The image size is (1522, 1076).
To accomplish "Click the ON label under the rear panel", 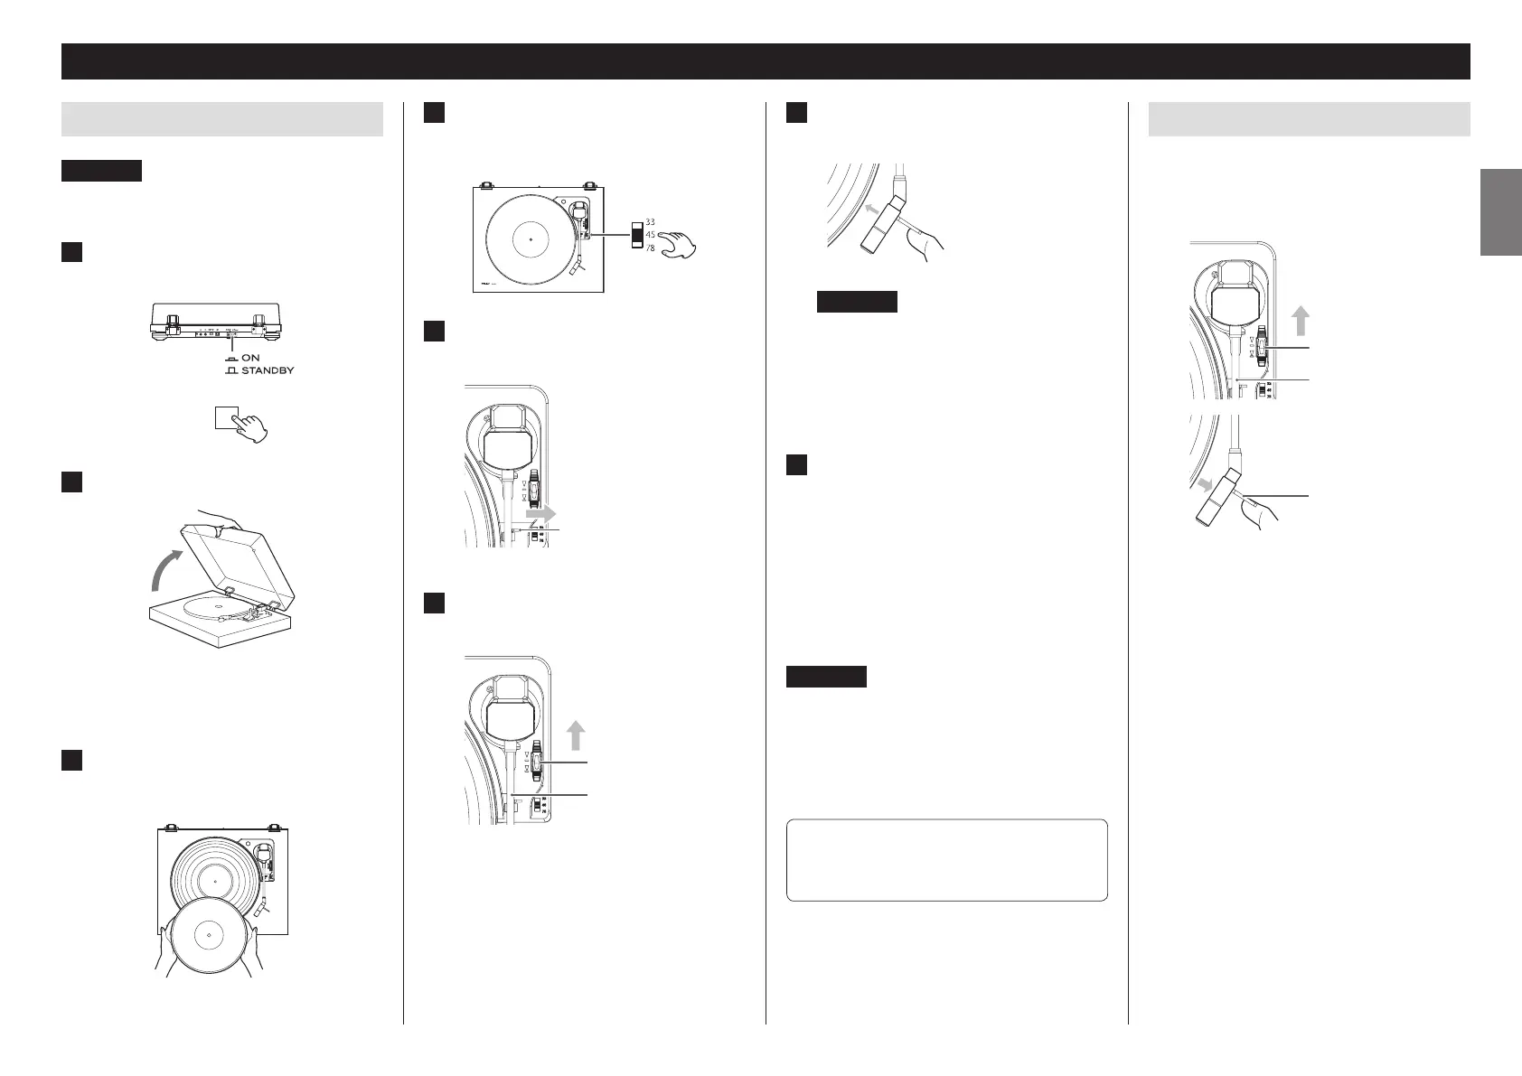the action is click(250, 358).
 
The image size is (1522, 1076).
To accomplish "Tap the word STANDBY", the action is click(267, 370).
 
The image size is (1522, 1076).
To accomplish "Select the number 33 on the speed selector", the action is click(650, 221).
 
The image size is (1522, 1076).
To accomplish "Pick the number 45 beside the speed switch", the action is click(650, 235).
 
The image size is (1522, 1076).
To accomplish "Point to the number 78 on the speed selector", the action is click(650, 248).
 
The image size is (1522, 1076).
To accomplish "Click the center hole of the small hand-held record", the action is click(208, 933).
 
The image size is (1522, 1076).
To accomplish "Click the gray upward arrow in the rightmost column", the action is click(1300, 320).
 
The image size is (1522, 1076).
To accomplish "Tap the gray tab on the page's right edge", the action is click(1500, 212).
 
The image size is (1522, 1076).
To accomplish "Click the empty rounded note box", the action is click(946, 860).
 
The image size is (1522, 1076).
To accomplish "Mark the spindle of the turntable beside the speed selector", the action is click(530, 239).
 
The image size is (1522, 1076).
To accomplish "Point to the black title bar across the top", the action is click(765, 61).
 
